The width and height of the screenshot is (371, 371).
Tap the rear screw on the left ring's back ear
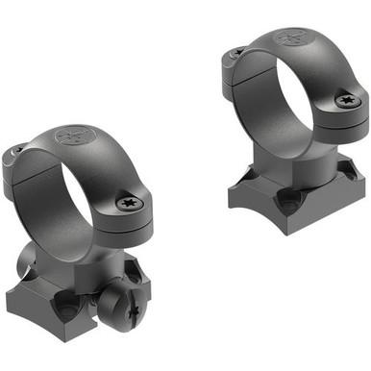pos(15,151)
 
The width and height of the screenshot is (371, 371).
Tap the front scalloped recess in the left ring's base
pos(68,308)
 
